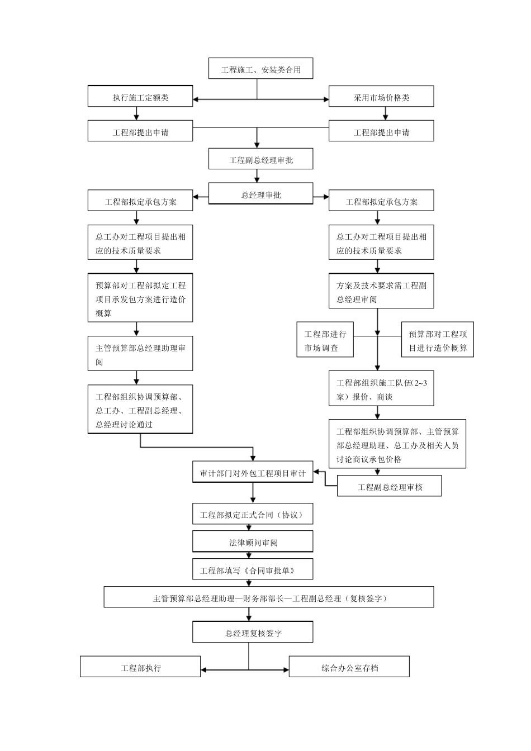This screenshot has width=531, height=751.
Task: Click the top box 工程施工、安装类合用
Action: pos(260,69)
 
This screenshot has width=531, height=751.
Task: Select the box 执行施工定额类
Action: pos(140,97)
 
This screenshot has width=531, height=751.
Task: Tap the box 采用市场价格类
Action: pos(381,97)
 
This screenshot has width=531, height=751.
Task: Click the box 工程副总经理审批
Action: pos(260,159)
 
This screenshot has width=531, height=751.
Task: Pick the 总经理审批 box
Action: pos(260,194)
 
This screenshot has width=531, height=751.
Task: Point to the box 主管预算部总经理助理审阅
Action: pos(140,354)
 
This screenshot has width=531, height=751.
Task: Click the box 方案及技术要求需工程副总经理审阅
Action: pos(381,292)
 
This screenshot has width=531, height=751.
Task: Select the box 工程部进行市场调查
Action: pos(325,340)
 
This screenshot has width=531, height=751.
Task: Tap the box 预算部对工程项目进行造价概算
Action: pos(438,340)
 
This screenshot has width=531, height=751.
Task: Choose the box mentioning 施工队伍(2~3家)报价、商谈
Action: pos(381,389)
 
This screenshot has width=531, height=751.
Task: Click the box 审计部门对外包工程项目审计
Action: pos(253,473)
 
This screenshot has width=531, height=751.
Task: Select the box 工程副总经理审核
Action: pos(390,486)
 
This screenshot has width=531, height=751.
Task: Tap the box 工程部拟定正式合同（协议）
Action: pos(253,514)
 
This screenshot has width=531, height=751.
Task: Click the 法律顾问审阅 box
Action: pos(253,541)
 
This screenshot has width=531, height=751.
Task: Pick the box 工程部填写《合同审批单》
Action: pos(253,569)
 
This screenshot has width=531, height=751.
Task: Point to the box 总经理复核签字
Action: pos(253,633)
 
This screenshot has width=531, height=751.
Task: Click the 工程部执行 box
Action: pos(140,667)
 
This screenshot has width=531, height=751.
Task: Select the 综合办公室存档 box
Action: pos(349,667)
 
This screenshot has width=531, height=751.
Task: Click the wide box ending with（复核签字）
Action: pos(269,597)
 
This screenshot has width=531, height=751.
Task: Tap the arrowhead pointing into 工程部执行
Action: pos(204,669)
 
